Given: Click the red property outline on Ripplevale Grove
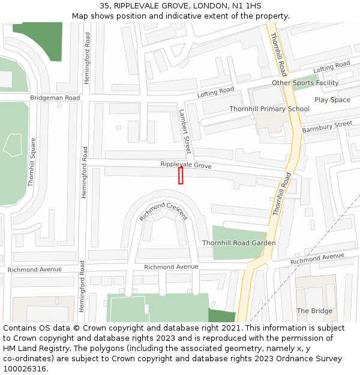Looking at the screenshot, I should tap(181, 175).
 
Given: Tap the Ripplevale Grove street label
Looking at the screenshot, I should tap(186, 164).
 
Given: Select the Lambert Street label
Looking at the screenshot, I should tap(184, 127).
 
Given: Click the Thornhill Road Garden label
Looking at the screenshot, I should tap(239, 243).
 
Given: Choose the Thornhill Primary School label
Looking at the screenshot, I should tap(269, 109).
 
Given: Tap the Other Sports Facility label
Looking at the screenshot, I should tap(305, 83).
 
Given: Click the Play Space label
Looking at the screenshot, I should tap(332, 100).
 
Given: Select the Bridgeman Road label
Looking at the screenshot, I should tap(55, 98).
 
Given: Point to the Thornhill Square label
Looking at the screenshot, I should tap(32, 162).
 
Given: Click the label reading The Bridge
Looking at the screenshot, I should tap(314, 311).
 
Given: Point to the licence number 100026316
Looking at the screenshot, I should tap(25, 369).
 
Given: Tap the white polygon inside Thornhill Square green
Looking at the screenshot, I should tap(13, 145).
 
